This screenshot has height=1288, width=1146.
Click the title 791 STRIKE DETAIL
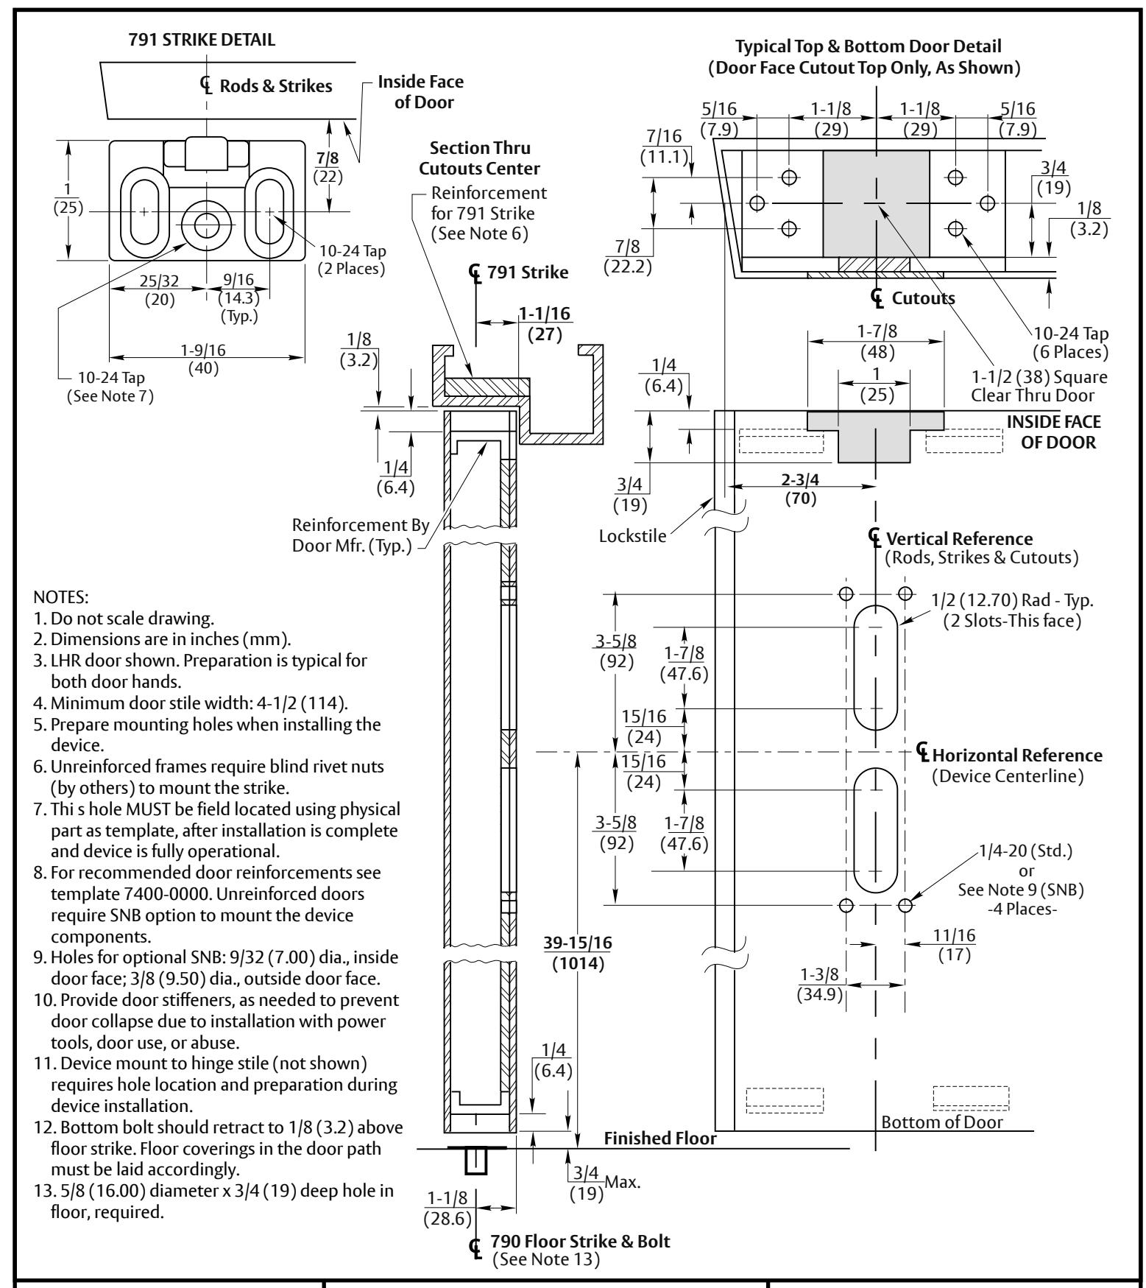coord(191,41)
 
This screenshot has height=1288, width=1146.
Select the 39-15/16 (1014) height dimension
coord(578,954)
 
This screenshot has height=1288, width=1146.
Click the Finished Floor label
coord(660,1138)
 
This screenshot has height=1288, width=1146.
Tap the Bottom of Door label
coord(942,1122)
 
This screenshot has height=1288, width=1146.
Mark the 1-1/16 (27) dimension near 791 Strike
coord(545,323)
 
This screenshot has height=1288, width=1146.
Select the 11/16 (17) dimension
coord(955,944)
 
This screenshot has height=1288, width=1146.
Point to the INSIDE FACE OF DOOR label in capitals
coord(1054,432)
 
